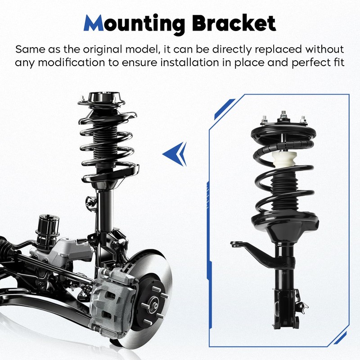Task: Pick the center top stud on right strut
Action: (284, 115)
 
